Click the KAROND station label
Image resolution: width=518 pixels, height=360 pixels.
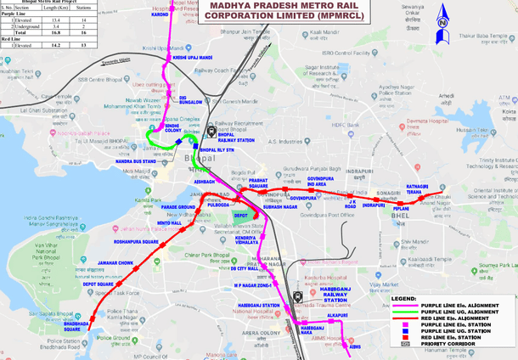click(160, 15)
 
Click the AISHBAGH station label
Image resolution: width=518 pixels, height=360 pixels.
click(205, 182)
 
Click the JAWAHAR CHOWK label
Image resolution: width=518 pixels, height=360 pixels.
click(115, 263)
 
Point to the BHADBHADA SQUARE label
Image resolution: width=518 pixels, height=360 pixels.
click(77, 326)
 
